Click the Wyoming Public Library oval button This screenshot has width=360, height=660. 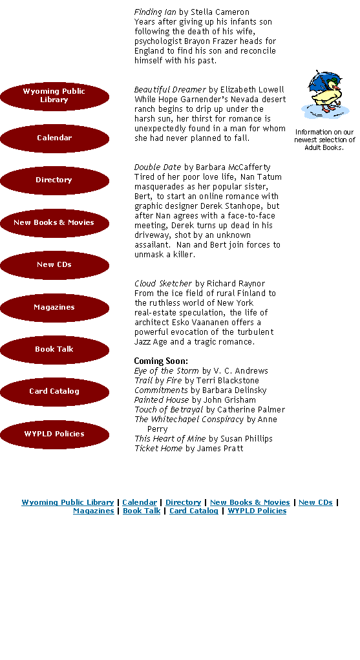tap(54, 96)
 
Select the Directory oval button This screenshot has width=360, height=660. tap(54, 180)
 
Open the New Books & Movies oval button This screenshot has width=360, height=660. tap(54, 223)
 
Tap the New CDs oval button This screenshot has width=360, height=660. tap(54, 265)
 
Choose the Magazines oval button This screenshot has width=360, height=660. tap(54, 308)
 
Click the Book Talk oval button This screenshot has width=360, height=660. tap(54, 350)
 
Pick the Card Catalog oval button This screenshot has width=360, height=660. tap(54, 392)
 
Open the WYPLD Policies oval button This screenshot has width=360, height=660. tap(54, 434)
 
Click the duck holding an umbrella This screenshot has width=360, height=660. tap(324, 94)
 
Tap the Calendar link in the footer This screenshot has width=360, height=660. tap(140, 502)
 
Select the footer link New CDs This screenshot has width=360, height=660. tap(315, 502)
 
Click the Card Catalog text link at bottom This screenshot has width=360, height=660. tap(194, 511)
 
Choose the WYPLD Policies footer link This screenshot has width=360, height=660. tap(257, 511)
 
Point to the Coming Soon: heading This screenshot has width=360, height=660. tap(161, 361)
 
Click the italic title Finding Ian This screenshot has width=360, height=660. tap(155, 12)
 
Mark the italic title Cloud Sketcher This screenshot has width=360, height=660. tap(163, 283)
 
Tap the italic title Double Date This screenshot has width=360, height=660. tap(158, 167)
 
